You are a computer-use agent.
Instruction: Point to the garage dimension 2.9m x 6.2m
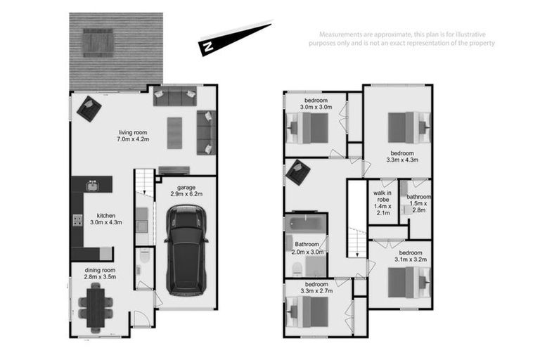coord(186,195)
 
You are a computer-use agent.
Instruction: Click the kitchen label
coord(105,216)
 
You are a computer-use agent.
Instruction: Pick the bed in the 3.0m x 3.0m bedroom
coord(309,128)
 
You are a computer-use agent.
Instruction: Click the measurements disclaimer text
coord(407,39)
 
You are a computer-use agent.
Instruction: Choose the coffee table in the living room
coord(175,132)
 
